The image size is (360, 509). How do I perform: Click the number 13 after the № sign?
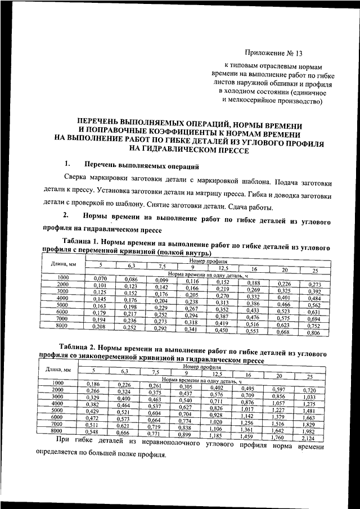pos(298,55)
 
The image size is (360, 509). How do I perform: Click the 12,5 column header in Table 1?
pos(224,268)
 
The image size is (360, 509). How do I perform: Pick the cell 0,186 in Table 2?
pos(93,384)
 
